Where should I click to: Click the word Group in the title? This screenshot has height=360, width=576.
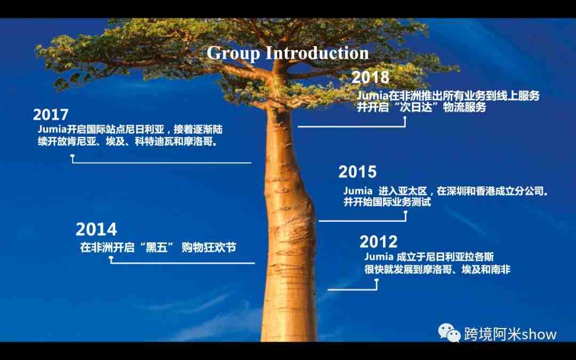pyautogui.click(x=233, y=54)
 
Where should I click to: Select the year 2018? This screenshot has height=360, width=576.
pyautogui.click(x=370, y=77)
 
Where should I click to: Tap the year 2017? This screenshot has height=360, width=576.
pyautogui.click(x=51, y=115)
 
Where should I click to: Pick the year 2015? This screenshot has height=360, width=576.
pyautogui.click(x=357, y=172)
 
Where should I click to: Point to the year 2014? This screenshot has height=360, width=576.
pyautogui.click(x=96, y=229)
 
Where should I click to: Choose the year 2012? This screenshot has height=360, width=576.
pyautogui.click(x=378, y=242)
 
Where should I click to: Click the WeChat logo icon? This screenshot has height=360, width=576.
pyautogui.click(x=449, y=332)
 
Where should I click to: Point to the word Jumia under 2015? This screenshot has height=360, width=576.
pyautogui.click(x=358, y=191)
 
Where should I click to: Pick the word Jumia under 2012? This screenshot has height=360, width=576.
pyautogui.click(x=379, y=257)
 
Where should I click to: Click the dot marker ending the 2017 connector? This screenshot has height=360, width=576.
pyautogui.click(x=73, y=156)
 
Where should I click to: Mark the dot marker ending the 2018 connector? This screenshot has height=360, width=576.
pyautogui.click(x=405, y=118)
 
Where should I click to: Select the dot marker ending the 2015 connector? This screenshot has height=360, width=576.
pyautogui.click(x=405, y=213)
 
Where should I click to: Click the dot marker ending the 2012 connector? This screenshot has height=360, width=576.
pyautogui.click(x=377, y=281)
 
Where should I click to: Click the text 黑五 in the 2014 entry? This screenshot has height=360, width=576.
pyautogui.click(x=156, y=247)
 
